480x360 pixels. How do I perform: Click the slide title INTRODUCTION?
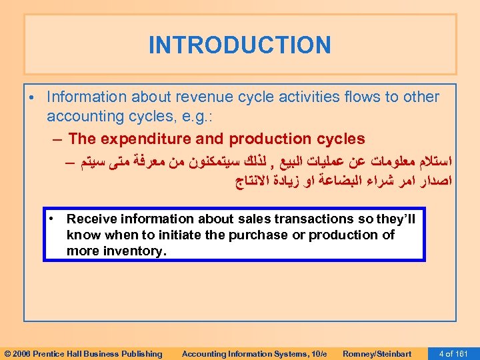(x=239, y=45)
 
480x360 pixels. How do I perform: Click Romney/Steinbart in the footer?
(x=377, y=353)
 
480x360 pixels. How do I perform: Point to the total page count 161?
(x=463, y=353)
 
